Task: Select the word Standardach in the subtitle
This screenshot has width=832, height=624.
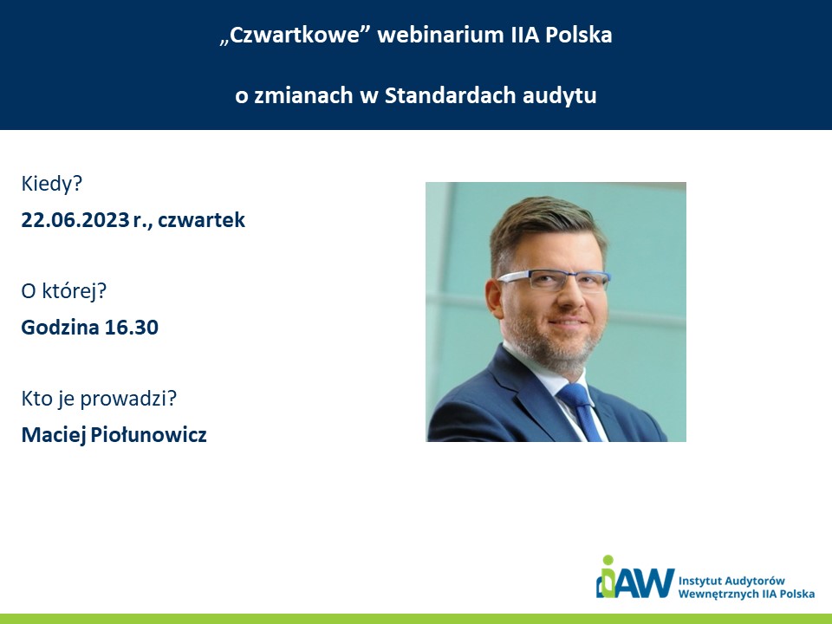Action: [x=450, y=95]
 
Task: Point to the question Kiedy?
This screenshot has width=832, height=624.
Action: [x=52, y=184]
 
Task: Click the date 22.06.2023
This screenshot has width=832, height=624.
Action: [x=75, y=219]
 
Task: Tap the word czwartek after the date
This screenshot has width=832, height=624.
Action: [x=202, y=219]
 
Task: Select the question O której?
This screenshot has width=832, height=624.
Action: [x=63, y=291]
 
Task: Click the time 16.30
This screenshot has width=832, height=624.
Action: [x=132, y=328]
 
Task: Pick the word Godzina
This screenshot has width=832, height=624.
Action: [x=61, y=328]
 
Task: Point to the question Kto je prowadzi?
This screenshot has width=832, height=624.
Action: [x=99, y=399]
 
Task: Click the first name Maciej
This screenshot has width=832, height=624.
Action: [x=54, y=435]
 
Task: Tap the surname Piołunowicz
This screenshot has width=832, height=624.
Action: [x=148, y=435]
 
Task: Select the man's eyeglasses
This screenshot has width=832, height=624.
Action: [x=555, y=279]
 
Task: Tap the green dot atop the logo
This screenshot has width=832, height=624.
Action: [x=608, y=561]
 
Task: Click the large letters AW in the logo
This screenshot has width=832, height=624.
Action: [x=645, y=583]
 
